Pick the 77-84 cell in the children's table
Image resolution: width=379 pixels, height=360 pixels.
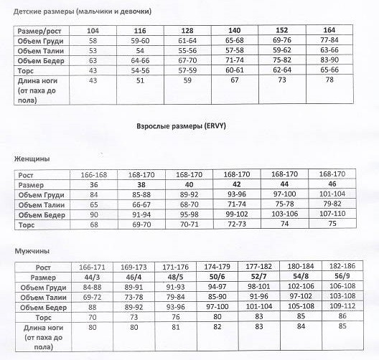329,40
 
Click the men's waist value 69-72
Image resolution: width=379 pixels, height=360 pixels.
94,298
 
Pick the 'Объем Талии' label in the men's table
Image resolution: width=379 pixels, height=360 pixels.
40,298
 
